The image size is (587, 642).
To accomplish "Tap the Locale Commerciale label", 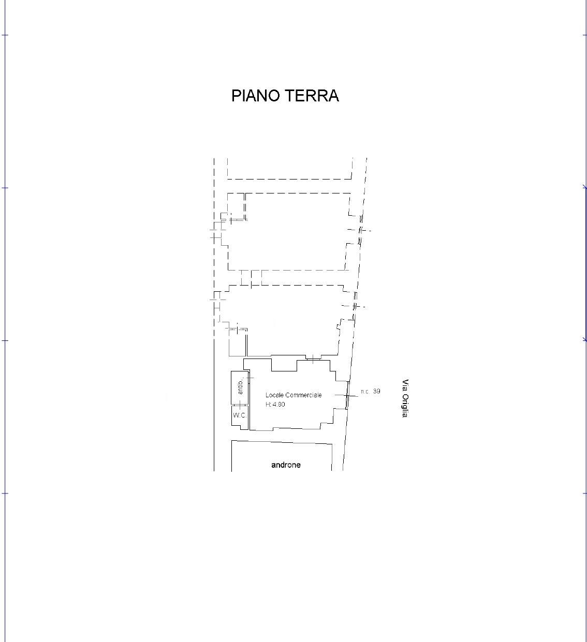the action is tap(293, 395).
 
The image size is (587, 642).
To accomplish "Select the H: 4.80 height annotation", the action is tap(275, 404).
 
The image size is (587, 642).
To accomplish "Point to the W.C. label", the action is tap(240, 415).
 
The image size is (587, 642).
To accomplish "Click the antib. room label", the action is tap(241, 386).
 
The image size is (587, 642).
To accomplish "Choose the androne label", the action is tap(286, 465).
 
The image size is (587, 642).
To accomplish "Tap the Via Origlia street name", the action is tap(405, 398).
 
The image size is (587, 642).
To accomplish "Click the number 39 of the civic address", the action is tap(377, 391).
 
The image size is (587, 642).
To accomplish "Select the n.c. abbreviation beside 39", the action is tap(365, 392).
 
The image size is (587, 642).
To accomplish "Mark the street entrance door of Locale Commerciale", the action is tap(347, 396).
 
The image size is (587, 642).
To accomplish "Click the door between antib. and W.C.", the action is tap(240, 405).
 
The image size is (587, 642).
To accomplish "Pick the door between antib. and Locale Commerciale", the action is tap(249, 378).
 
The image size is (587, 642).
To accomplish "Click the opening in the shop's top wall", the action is tap(313, 359).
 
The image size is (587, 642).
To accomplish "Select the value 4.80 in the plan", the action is tap(278, 404).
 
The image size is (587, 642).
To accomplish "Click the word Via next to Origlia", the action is tap(405, 384).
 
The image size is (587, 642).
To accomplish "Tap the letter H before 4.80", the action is tap(268, 404).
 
